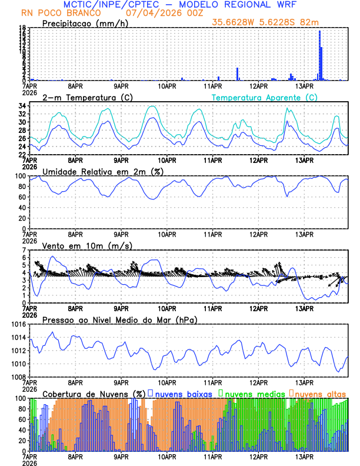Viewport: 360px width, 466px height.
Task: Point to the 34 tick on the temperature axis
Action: (22, 106)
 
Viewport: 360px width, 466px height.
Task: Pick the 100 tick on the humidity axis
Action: (19, 176)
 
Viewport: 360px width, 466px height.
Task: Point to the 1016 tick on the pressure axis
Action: (18, 324)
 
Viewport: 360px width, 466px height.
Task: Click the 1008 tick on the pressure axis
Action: (18, 377)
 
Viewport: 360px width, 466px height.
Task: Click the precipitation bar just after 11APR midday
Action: (238, 74)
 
